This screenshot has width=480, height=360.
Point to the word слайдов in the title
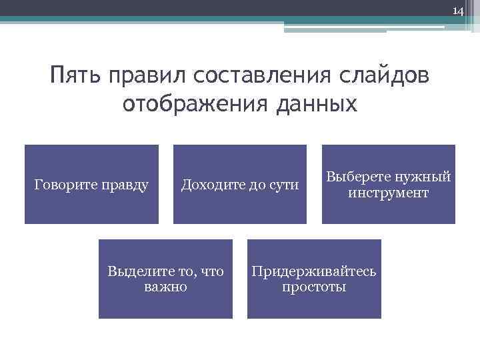(x=382, y=76)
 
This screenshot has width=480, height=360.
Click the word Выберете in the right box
(x=356, y=177)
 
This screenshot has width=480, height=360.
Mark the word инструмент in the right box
(x=388, y=193)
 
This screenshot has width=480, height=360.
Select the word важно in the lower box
(x=165, y=287)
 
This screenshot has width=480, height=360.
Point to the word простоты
(x=313, y=287)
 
